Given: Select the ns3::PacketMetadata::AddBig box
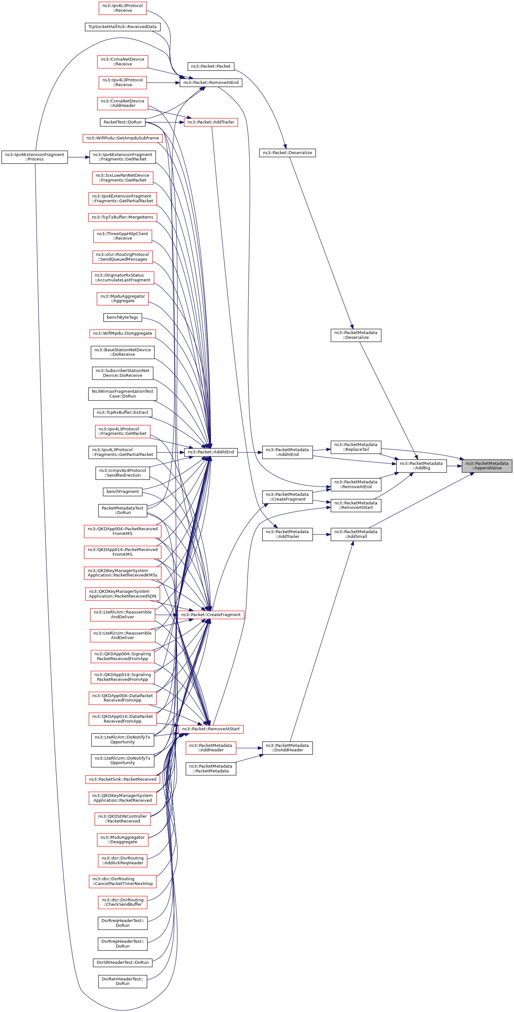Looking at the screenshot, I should pyautogui.click(x=421, y=465).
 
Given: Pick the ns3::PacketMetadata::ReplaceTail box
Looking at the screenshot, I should pyautogui.click(x=356, y=447).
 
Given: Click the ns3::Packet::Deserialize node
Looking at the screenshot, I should pyautogui.click(x=287, y=153).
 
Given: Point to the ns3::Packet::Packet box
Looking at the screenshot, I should pyautogui.click(x=211, y=66).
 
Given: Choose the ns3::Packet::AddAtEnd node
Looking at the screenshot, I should pyautogui.click(x=211, y=452).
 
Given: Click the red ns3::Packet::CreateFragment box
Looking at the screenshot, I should pyautogui.click(x=211, y=614).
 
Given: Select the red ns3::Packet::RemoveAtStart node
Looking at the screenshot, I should pyautogui.click(x=211, y=729).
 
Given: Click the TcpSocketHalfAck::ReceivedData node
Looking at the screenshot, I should pyautogui.click(x=122, y=27).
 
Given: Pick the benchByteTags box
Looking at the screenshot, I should pyautogui.click(x=122, y=317).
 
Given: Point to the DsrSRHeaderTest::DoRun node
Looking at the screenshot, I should pyautogui.click(x=122, y=962).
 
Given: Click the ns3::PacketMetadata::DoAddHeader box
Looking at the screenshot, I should pyautogui.click(x=287, y=748).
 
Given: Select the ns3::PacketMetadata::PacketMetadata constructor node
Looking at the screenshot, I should pyautogui.click(x=211, y=769).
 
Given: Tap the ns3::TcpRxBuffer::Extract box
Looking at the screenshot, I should pyautogui.click(x=122, y=413).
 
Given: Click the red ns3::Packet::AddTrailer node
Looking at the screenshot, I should pyautogui.click(x=211, y=122).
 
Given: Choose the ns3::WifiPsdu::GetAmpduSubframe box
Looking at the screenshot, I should pyautogui.click(x=122, y=138).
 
